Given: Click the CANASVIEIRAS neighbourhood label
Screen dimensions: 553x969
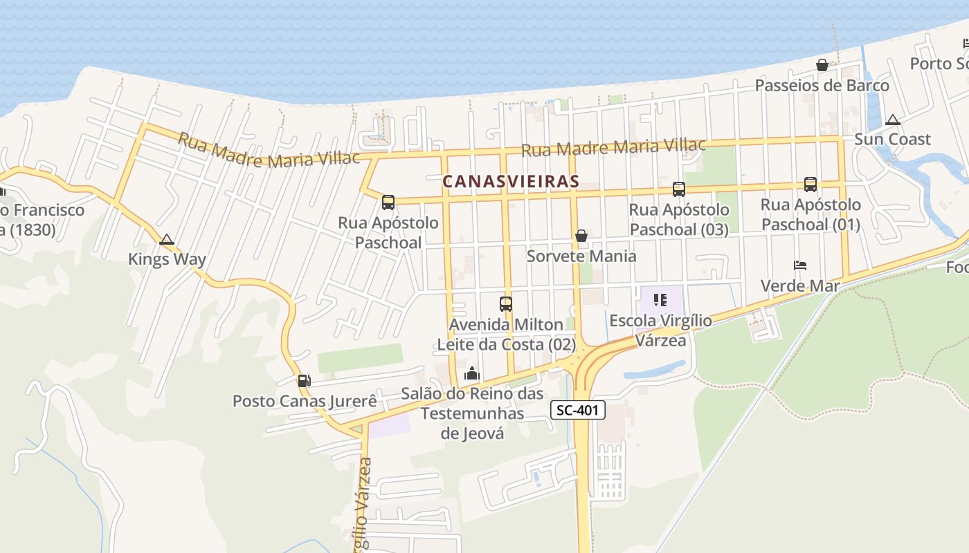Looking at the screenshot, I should click(510, 182).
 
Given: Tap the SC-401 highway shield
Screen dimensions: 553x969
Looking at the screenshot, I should click(578, 411).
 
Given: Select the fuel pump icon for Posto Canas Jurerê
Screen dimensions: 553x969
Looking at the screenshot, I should click(304, 380).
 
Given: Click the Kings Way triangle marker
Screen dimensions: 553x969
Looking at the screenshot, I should click(166, 240).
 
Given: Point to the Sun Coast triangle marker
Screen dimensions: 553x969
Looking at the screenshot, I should click(893, 120).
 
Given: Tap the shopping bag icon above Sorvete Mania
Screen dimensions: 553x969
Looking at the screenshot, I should click(581, 236).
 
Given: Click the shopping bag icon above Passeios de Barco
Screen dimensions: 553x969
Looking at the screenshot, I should click(822, 65).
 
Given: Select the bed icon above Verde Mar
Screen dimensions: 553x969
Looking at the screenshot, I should click(800, 265).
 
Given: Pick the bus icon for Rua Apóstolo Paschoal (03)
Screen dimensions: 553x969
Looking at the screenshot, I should click(679, 189).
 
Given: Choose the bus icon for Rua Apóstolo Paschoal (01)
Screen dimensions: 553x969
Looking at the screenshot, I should click(810, 184).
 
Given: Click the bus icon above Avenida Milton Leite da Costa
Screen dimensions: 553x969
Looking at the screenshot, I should click(506, 303).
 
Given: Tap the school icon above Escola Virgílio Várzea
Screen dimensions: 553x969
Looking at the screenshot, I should click(660, 300).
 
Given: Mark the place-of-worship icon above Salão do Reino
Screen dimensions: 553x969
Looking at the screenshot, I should click(472, 373).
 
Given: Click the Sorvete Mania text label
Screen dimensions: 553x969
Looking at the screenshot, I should click(581, 256).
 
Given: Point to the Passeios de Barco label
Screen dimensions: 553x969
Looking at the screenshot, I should click(822, 86).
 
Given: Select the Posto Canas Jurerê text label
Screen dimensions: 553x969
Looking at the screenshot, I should click(305, 401).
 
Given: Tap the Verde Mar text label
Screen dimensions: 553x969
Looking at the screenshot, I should click(800, 286).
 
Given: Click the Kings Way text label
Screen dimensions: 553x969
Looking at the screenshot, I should click(167, 260).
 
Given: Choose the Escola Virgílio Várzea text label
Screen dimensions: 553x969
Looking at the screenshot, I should click(660, 330).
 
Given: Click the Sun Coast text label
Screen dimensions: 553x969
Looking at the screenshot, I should click(892, 140).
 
